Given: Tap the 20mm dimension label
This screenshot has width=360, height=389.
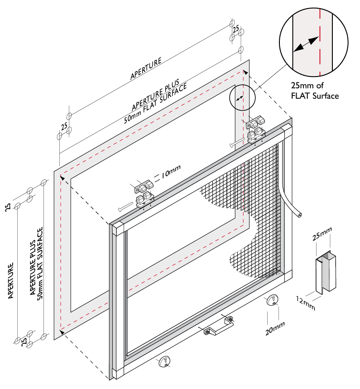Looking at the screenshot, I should [275, 327].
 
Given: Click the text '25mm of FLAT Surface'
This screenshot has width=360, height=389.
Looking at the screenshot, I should [315, 90].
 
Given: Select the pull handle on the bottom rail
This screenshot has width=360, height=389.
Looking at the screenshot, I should [218, 326].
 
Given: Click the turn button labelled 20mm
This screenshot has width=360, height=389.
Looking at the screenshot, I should [273, 300].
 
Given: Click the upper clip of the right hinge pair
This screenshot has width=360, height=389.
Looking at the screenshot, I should [256, 122].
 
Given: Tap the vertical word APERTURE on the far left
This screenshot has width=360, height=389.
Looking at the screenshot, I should [11, 281].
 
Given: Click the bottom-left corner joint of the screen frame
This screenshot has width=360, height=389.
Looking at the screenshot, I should [115, 374].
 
